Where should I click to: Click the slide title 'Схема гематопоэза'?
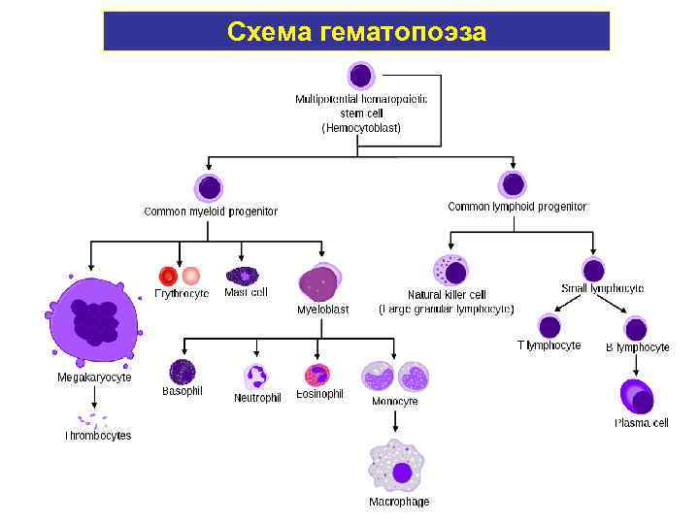pos(356,31)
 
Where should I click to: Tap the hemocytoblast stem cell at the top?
pos(360,76)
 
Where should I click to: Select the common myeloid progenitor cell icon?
pos(209,188)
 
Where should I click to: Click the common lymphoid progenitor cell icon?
pos(513,184)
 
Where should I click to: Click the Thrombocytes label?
pos(98,436)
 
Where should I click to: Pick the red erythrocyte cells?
pos(179,277)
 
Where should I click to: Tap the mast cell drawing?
pos(242,277)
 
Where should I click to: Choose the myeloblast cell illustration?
pos(319,283)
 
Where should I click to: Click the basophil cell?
pos(183,372)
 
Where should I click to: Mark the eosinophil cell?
pos(318,376)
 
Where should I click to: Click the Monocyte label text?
pos(395,401)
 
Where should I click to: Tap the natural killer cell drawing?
pos(450,270)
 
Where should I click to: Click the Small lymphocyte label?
pos(602,288)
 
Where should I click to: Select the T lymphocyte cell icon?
pos(549,327)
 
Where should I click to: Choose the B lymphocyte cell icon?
pos(635,329)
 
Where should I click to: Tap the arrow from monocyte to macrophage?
pos(395,420)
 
